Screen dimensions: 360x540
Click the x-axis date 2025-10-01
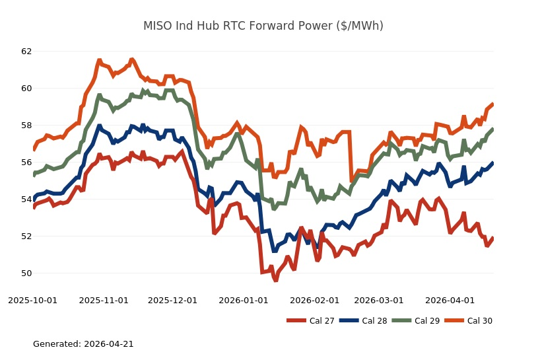click(x=33, y=300)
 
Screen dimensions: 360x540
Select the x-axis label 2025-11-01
click(x=104, y=300)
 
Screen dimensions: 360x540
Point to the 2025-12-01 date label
click(x=172, y=300)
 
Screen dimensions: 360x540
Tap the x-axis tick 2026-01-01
click(x=244, y=300)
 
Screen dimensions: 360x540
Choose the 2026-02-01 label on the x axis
click(x=314, y=300)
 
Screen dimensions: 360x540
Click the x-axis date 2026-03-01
click(x=378, y=300)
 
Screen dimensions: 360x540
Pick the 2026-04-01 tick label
click(x=450, y=300)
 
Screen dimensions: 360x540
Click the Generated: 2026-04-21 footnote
click(x=83, y=344)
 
